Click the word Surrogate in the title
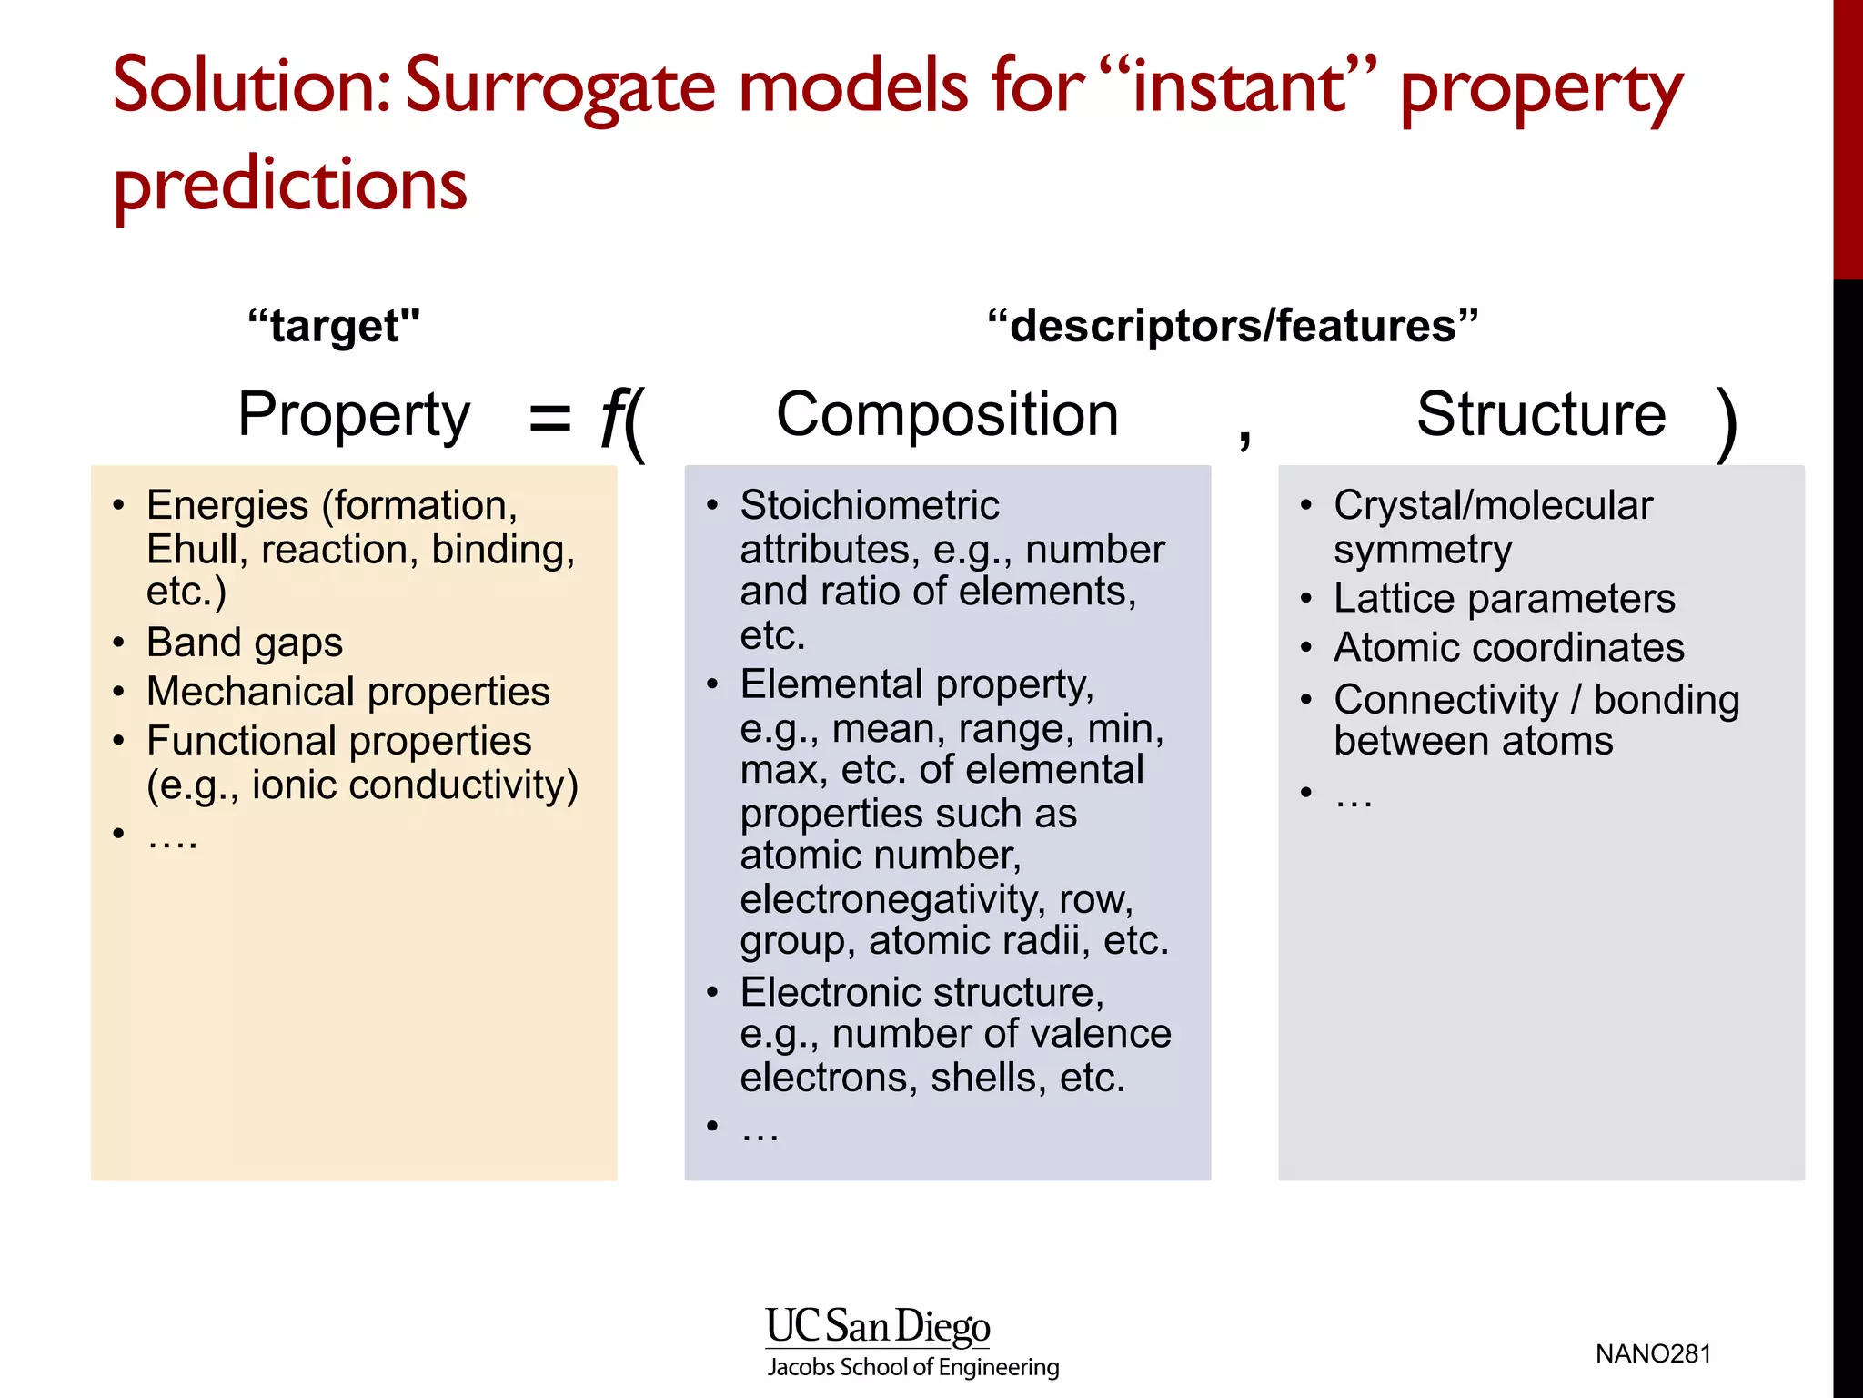pos(560,86)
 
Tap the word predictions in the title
pos(289,185)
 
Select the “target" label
pos(334,326)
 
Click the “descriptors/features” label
pos(1233,326)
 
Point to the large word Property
pos(354,415)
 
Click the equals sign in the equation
pos(549,419)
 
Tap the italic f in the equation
pos(613,417)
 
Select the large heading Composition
pos(947,415)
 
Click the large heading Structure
pos(1541,415)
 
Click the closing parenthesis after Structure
pos(1726,424)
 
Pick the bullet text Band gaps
pos(245,643)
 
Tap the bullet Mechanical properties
pos(347,692)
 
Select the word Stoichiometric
pos(870,505)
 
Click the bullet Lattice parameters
pos(1504,599)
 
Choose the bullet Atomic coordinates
pos(1508,648)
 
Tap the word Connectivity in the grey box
pos(1445,700)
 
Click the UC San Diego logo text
pos(877,1327)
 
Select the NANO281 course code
pos(1653,1354)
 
